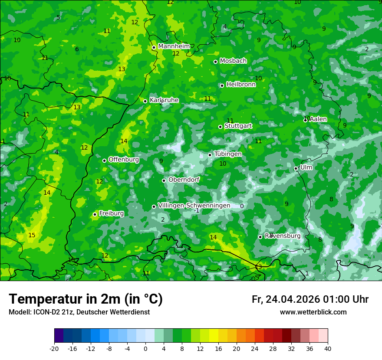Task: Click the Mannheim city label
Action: point(174,46)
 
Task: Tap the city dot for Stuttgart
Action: point(221,127)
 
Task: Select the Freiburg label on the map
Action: point(111,213)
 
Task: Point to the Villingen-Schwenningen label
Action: point(194,206)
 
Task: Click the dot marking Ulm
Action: point(296,168)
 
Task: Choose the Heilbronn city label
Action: point(241,85)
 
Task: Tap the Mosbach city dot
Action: point(215,62)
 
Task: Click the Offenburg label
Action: point(124,160)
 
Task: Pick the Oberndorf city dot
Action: point(164,180)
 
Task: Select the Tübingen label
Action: point(228,154)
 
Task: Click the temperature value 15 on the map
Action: point(32,235)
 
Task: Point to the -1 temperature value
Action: point(197,210)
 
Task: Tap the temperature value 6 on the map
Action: point(77,49)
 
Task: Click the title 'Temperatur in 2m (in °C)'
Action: point(86,299)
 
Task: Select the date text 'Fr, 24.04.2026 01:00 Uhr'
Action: point(310,299)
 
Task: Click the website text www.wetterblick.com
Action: point(313,312)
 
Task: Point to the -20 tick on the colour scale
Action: point(54,348)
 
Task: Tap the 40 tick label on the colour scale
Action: point(327,348)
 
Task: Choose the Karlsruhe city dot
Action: point(145,101)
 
